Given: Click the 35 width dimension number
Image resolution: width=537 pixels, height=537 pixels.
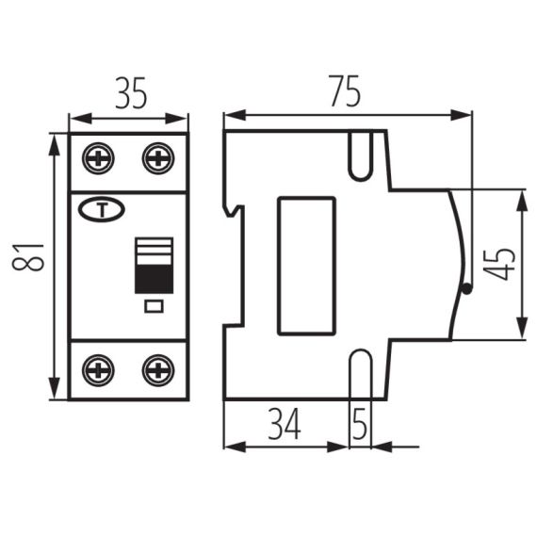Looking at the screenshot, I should coord(129,96).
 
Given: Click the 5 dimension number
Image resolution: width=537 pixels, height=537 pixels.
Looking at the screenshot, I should coord(359,425).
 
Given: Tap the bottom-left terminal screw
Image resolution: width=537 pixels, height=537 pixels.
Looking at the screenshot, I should coord(97,369).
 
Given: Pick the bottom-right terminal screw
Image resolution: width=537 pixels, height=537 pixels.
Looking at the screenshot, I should coord(157,369).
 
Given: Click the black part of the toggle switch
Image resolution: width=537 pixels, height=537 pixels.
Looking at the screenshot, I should coord(153,277).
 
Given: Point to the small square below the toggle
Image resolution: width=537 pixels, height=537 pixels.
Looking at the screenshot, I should coord(153,305).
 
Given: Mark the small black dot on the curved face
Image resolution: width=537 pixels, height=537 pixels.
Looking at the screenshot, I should coord(465,290).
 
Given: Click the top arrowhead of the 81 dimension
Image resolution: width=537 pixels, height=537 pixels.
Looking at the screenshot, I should coord(54,141).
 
